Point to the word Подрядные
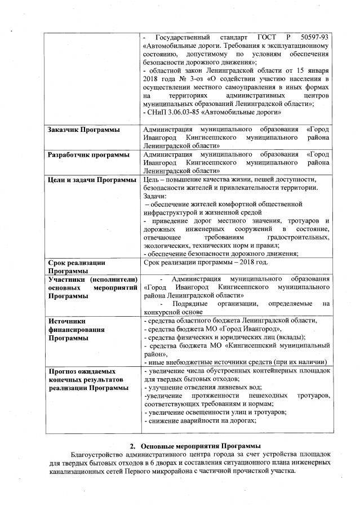click(x=192, y=304)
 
